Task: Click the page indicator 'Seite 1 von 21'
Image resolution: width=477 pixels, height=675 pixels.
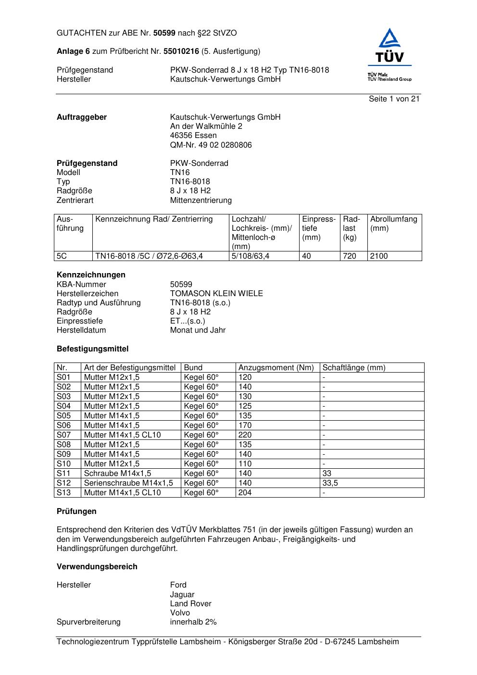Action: point(394,99)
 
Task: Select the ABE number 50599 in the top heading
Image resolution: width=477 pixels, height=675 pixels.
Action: point(164,33)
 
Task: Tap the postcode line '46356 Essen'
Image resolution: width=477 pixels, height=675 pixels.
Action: point(193,136)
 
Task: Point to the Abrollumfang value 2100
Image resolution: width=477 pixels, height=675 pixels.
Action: point(379,256)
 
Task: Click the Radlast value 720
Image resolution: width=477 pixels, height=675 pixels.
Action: point(350,256)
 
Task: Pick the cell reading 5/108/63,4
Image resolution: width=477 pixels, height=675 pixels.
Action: point(251,256)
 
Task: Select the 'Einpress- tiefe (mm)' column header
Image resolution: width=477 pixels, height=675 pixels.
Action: point(319,228)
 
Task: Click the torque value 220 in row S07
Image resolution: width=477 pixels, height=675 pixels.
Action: point(245,435)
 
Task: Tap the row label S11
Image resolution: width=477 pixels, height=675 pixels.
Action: point(63,474)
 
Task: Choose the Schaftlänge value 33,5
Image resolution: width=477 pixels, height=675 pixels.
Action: point(330,483)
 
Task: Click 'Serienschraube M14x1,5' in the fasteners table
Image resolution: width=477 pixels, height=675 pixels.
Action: point(128,483)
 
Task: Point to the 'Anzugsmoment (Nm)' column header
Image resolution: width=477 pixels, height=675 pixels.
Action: point(276,368)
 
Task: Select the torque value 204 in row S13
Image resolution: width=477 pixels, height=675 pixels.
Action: point(245,493)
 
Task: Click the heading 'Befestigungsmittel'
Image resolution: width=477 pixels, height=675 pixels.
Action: point(92,349)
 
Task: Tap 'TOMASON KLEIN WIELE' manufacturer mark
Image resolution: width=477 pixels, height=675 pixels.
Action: point(216,294)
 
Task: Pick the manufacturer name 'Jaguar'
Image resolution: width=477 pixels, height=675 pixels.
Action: point(182,595)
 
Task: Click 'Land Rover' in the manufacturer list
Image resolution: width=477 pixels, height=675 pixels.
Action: point(190,604)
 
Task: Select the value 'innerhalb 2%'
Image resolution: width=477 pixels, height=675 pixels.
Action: point(193,622)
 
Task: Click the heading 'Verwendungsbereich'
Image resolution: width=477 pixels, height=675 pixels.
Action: point(97,567)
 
